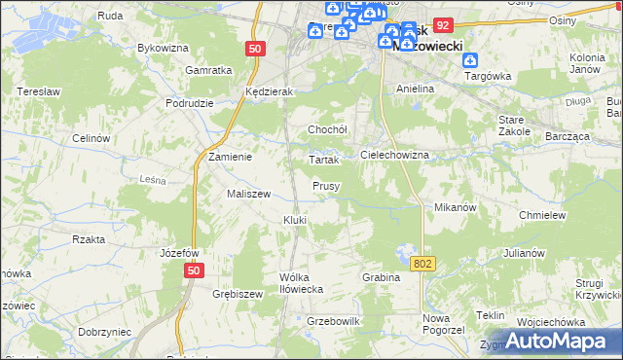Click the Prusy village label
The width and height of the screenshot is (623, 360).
click(x=326, y=185)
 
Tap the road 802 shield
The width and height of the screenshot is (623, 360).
click(x=423, y=264)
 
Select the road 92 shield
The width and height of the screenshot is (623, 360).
click(x=444, y=26)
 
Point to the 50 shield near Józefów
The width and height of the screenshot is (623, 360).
click(x=196, y=271)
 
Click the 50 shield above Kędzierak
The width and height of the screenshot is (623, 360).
click(x=254, y=48)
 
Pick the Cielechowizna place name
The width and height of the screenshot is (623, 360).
click(x=394, y=155)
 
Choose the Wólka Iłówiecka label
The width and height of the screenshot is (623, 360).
click(x=301, y=282)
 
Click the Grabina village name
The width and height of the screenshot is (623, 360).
click(x=382, y=277)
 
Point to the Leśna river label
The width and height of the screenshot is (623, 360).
click(x=153, y=179)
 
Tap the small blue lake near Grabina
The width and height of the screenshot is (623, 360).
click(x=403, y=257)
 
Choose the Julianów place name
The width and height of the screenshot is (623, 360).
click(x=524, y=253)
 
